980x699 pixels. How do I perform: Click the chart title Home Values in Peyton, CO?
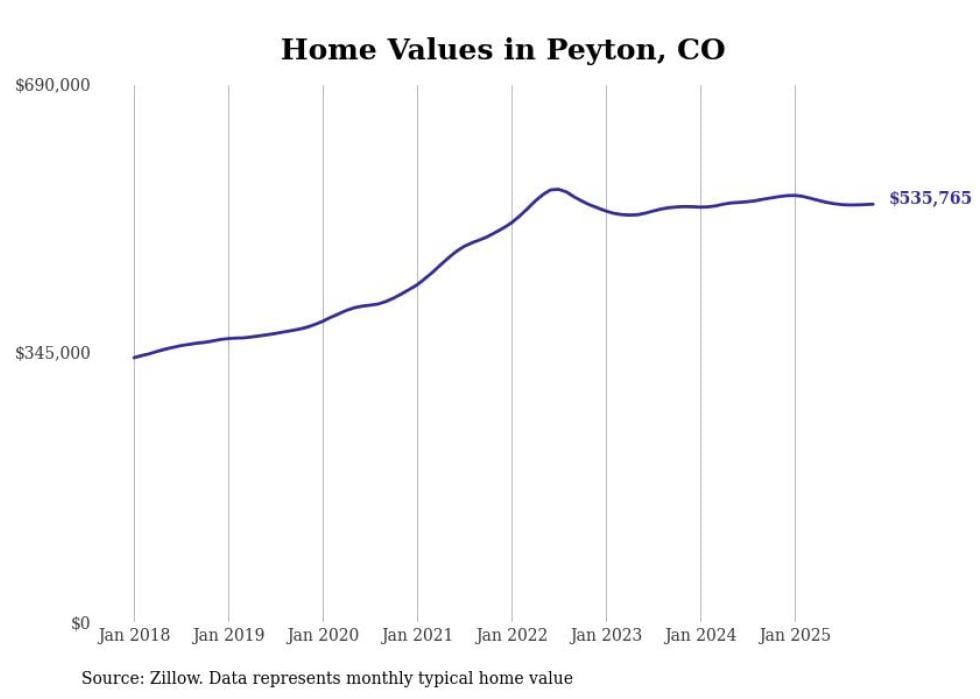(x=502, y=49)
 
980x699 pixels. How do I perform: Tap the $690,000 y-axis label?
(x=52, y=86)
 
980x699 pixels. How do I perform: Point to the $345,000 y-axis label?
(x=52, y=353)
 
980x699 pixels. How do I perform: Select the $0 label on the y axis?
(x=80, y=623)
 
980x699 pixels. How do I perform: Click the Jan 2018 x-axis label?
(x=134, y=635)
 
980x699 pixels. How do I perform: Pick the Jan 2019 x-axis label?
(x=228, y=635)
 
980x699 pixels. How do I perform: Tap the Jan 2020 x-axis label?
(x=323, y=635)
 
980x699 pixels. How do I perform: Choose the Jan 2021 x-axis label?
(x=417, y=635)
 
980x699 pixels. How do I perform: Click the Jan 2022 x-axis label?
(x=512, y=635)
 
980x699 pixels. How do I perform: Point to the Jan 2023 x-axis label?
(x=606, y=635)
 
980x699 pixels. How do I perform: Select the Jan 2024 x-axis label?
(x=701, y=635)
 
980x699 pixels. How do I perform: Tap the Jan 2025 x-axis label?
(x=795, y=635)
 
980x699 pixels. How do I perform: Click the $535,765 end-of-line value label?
(x=929, y=198)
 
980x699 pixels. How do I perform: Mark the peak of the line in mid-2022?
(x=554, y=189)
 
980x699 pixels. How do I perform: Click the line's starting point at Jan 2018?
(x=134, y=357)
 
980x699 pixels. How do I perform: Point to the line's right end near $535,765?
(x=873, y=204)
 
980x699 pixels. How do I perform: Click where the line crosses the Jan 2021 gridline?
(x=417, y=284)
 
